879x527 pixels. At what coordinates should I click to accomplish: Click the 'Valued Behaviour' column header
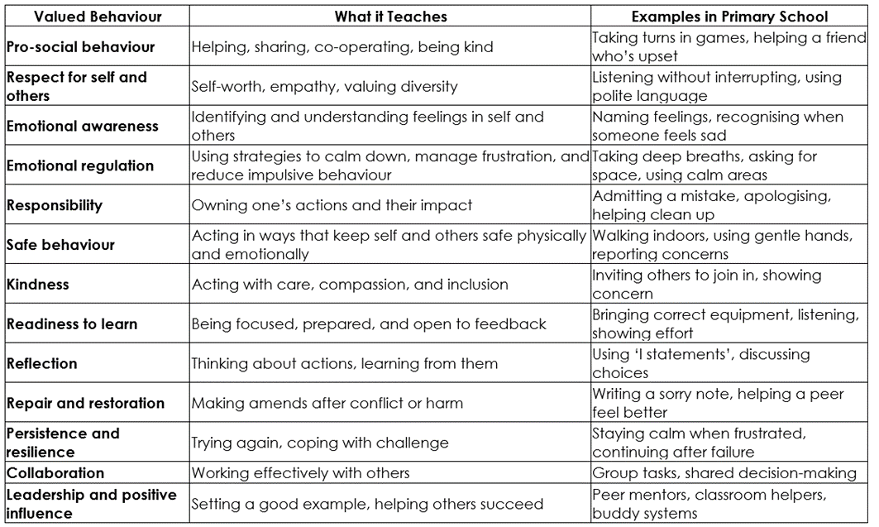[87, 17]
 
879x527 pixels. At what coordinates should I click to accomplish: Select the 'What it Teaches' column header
[390, 17]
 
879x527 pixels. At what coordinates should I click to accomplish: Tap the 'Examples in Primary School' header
[729, 17]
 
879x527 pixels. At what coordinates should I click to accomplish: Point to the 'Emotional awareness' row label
[82, 127]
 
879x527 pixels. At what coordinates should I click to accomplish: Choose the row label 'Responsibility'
[55, 205]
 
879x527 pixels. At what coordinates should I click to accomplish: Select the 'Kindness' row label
[38, 285]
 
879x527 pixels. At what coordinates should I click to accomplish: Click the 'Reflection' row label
[42, 363]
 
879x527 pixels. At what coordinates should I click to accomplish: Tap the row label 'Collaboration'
[55, 473]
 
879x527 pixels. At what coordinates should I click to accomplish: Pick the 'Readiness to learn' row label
[72, 324]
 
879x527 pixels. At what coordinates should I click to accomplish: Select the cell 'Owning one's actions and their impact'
[332, 205]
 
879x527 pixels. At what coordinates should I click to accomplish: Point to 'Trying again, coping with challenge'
[320, 443]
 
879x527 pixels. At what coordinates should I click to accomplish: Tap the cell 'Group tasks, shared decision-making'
[724, 473]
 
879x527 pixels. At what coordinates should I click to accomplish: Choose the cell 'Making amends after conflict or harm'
[327, 403]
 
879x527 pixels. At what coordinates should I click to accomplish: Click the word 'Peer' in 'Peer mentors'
[608, 495]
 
